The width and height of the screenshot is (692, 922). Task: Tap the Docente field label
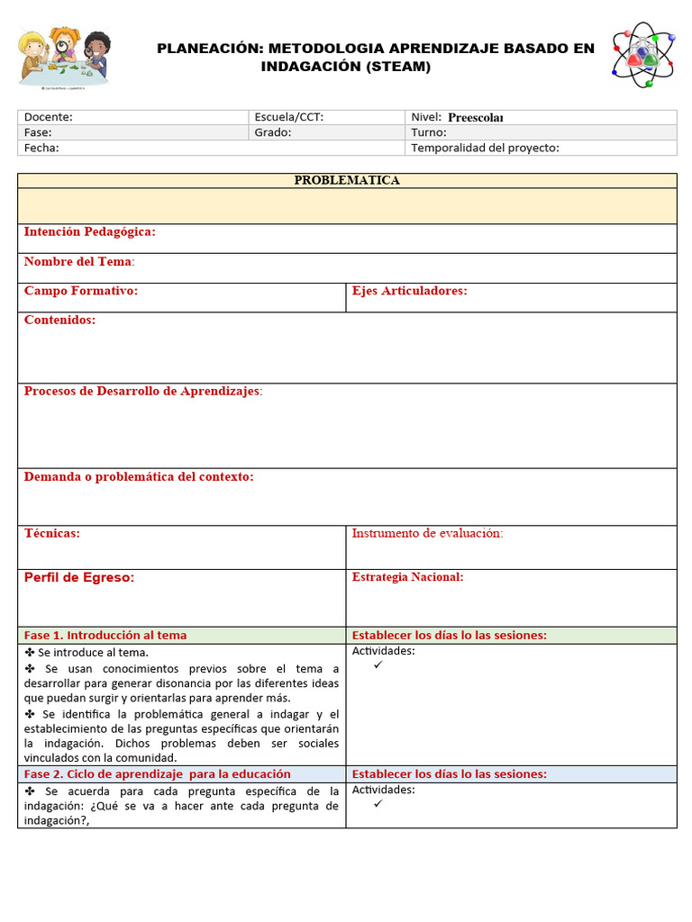(x=49, y=117)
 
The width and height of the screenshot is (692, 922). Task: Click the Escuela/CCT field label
(x=288, y=117)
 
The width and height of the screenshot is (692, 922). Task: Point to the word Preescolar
(x=475, y=117)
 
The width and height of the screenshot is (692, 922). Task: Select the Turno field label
(x=429, y=132)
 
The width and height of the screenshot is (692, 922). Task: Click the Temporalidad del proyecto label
(x=485, y=148)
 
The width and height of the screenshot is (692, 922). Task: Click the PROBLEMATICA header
(x=347, y=180)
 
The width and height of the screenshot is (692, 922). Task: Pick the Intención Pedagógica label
(x=89, y=232)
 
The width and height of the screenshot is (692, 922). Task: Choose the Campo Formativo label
(x=81, y=291)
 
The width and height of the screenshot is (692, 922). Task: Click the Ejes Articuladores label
(x=409, y=291)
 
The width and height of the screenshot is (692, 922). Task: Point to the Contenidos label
(x=59, y=320)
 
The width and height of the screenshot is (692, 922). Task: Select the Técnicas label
(x=52, y=533)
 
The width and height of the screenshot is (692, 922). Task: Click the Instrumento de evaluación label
(x=427, y=533)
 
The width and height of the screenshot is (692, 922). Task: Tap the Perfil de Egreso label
(x=79, y=577)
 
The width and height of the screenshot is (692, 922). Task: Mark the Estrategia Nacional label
(x=407, y=577)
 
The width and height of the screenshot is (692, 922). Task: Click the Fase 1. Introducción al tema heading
(x=105, y=635)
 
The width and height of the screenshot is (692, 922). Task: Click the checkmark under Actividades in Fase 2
(x=378, y=804)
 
